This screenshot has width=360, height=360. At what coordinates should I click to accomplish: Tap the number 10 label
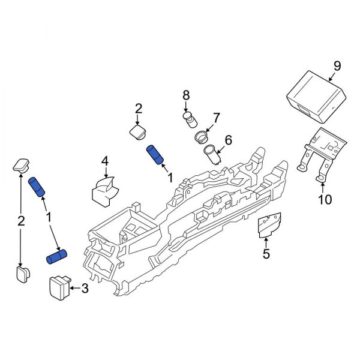coord(324,199)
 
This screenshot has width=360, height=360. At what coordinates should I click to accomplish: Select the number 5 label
coord(266,254)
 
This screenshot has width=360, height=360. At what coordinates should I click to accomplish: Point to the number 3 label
coord(85,289)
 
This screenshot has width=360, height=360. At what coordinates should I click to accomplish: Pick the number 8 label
coord(186,95)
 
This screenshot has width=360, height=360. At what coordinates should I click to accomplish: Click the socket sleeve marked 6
coord(212,154)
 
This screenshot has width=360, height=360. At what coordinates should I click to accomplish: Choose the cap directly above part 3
coord(23,275)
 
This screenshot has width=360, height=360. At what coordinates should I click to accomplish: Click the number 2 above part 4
coord(138,109)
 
